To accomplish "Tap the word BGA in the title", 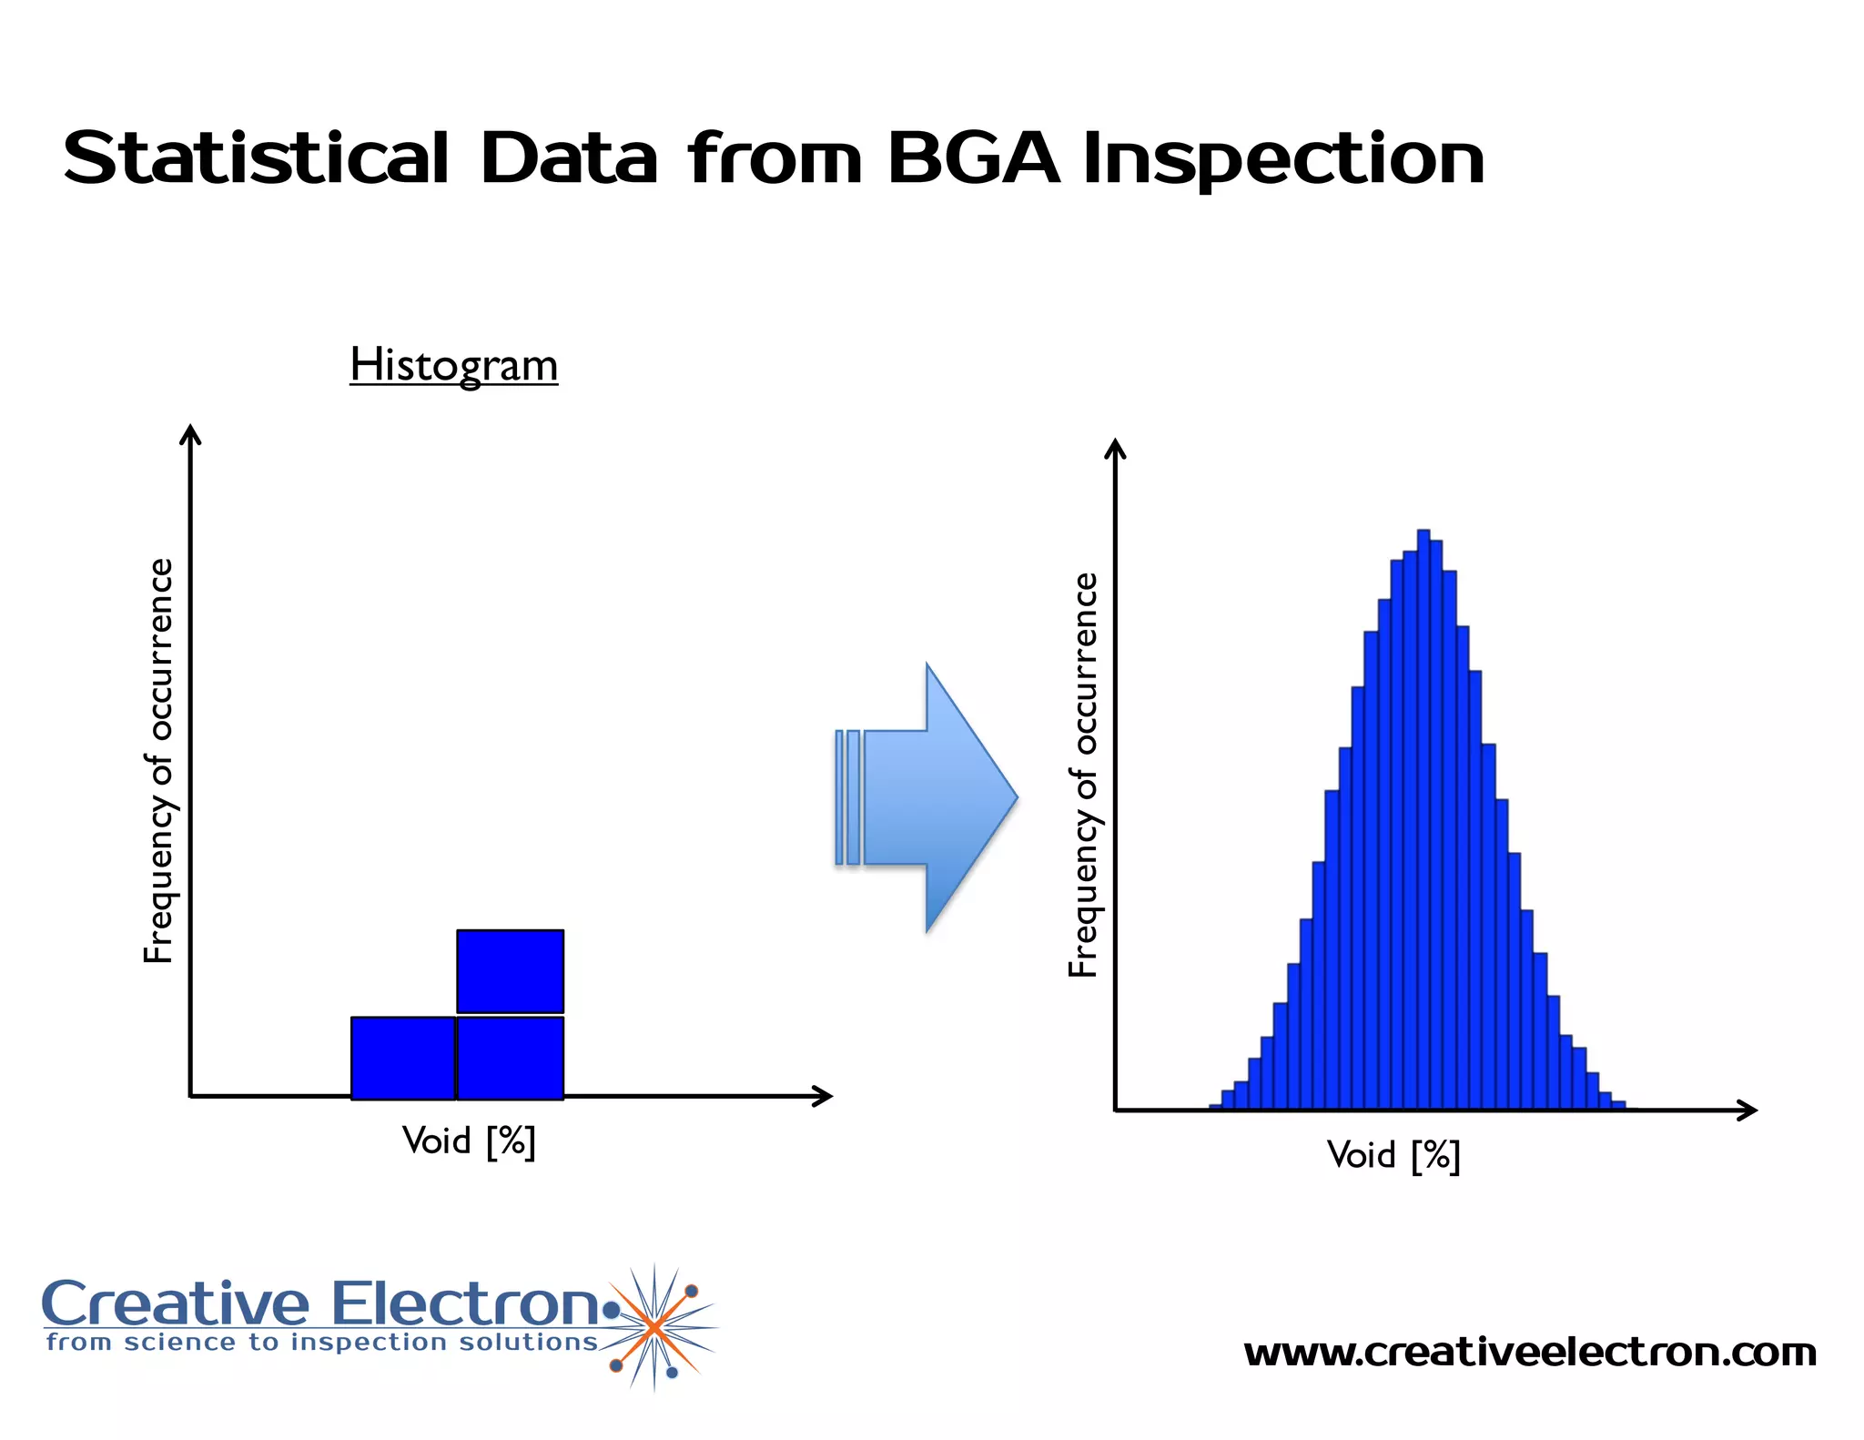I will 972,159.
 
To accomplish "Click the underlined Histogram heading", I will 453,365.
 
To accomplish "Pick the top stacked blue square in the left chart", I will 510,970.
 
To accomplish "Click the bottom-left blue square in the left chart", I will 402,1058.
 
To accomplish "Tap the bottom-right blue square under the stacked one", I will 510,1058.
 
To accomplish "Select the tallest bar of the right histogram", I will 1423,819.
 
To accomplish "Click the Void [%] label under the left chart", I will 469,1141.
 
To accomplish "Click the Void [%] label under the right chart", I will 1393,1155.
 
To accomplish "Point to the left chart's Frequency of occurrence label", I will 158,760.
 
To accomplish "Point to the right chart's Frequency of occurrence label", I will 1083,775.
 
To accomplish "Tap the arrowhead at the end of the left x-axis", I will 824,1096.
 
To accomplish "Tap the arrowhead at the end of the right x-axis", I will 1747,1110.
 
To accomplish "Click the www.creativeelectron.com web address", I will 1529,1353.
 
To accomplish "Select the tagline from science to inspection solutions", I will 322,1343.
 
